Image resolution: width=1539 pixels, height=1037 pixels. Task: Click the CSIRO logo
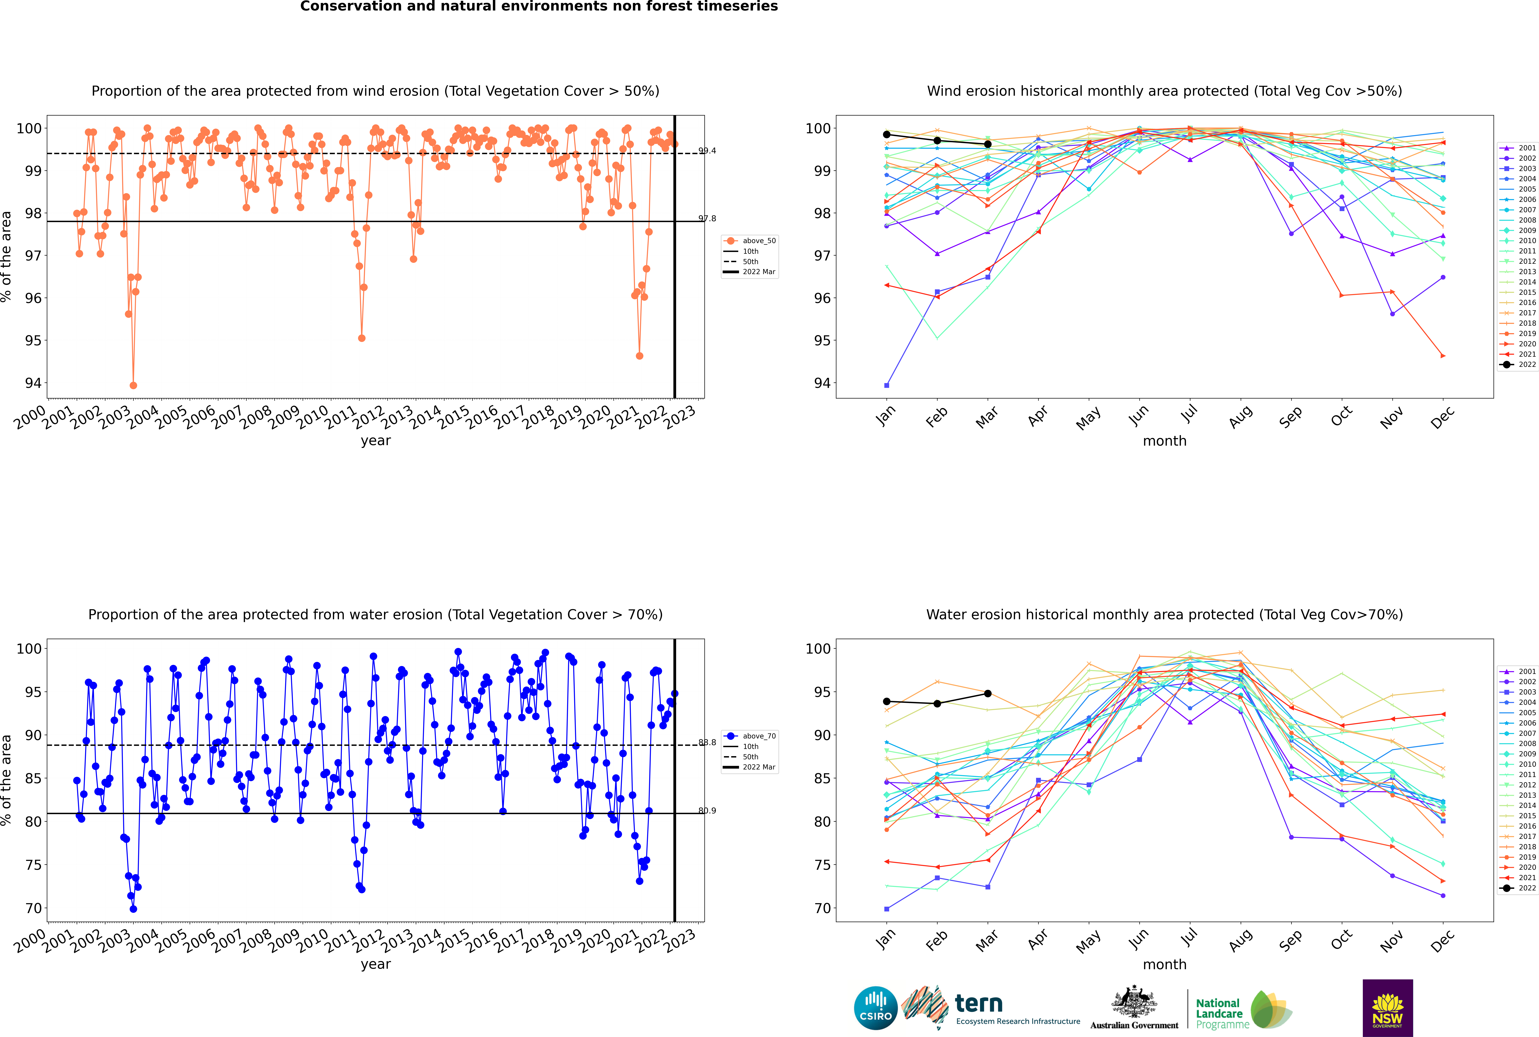click(875, 1008)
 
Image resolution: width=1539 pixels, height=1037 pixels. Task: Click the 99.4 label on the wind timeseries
click(707, 151)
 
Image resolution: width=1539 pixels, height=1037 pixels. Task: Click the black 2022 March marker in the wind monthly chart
click(988, 144)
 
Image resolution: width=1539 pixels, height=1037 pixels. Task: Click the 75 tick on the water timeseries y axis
click(33, 865)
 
